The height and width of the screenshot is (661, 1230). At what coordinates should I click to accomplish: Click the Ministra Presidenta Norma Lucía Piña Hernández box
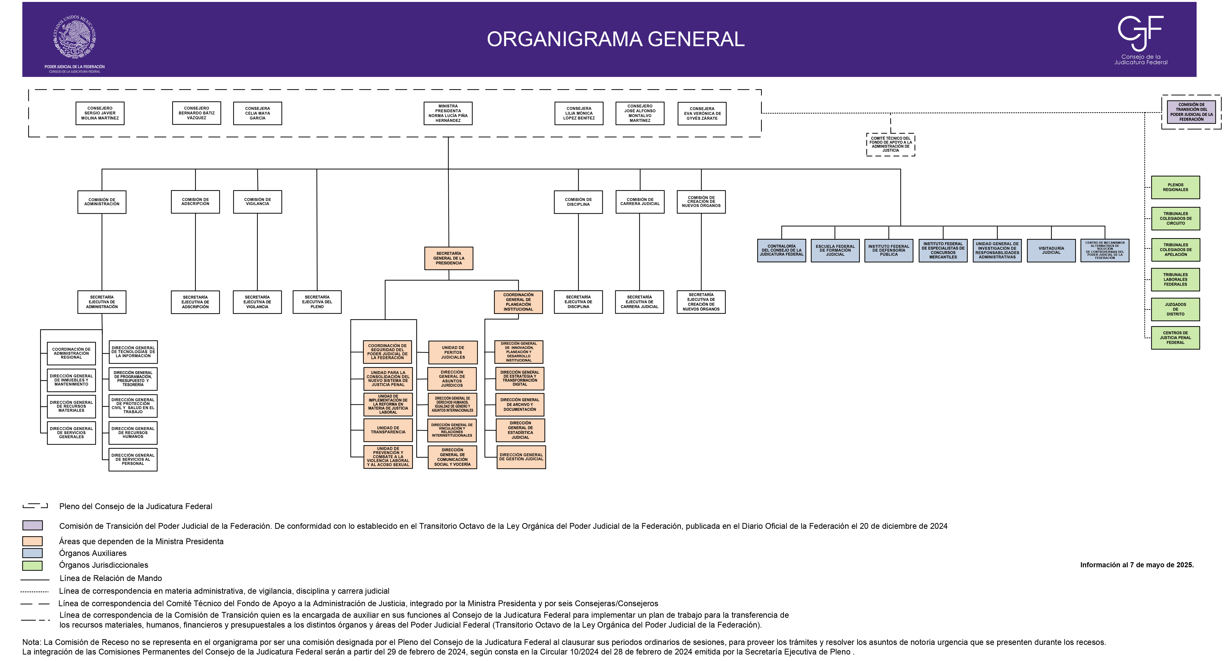448,113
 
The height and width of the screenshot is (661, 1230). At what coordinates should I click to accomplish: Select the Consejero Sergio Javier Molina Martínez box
100,113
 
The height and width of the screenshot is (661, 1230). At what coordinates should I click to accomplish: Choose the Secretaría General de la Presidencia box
448,258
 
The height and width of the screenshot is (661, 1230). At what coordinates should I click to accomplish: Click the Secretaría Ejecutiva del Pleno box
317,302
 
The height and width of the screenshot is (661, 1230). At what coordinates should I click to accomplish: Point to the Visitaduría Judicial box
1051,250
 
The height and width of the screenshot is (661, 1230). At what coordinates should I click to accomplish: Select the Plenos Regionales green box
1175,187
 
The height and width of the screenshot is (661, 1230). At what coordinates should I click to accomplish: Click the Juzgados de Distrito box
1175,309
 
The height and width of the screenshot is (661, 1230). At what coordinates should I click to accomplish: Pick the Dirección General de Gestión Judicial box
521,457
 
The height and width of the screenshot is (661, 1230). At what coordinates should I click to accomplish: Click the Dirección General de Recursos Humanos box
133,433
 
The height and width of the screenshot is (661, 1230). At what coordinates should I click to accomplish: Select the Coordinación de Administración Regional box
71,353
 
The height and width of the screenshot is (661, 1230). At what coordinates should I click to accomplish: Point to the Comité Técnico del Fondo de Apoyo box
891,144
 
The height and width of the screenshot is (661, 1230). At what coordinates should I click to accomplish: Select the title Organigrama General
615,39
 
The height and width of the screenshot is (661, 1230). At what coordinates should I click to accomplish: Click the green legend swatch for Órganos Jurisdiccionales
32,566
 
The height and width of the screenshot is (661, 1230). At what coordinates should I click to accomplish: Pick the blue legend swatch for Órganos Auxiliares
32,553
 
